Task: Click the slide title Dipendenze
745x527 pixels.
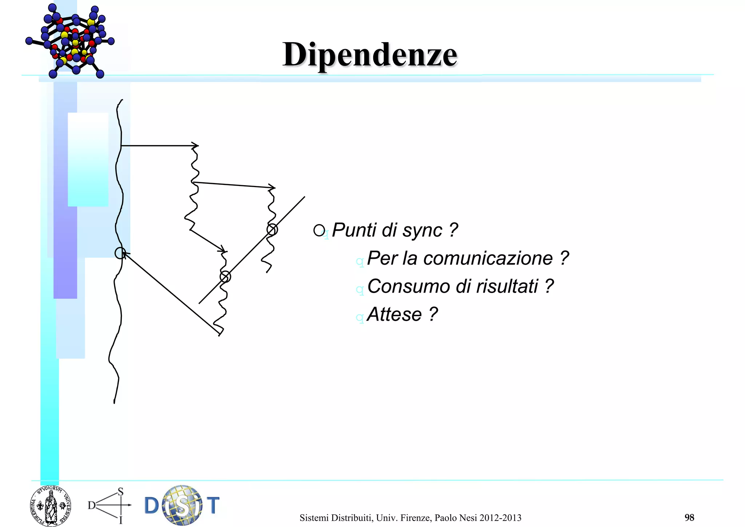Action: coord(370,55)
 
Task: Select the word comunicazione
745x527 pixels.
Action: coord(488,258)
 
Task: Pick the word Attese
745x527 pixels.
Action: coord(394,314)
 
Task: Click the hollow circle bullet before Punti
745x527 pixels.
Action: coord(319,230)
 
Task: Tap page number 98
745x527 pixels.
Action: coord(689,518)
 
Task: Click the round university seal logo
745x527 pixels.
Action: coord(51,506)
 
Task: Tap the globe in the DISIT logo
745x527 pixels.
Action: coord(182,505)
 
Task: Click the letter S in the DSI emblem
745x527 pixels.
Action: coord(121,492)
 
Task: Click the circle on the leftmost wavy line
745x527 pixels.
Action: coord(120,253)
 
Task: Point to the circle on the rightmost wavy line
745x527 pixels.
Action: coord(272,230)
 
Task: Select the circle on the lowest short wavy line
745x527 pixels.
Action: coord(225,277)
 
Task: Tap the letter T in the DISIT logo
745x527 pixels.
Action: coord(213,505)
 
